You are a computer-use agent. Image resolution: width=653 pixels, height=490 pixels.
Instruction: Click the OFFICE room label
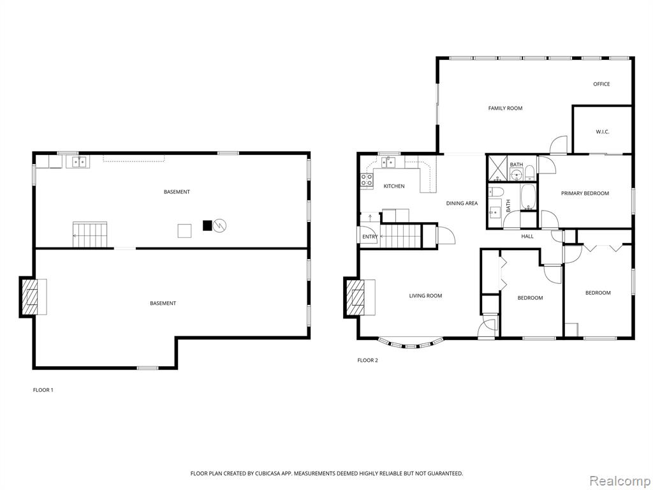pos(601,84)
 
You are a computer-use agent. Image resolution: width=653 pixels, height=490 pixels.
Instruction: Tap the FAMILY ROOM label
pos(505,108)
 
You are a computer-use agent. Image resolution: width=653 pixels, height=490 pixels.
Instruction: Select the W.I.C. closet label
pos(602,132)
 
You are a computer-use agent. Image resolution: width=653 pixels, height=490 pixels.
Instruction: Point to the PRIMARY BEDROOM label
pos(585,193)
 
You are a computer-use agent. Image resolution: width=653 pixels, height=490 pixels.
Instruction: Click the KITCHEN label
pos(394,186)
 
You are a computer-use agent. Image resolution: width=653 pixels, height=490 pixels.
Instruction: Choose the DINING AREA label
pos(462,204)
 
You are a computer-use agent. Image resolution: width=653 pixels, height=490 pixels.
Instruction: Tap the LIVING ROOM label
pos(425,296)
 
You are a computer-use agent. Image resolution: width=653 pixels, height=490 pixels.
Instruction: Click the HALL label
pos(527,236)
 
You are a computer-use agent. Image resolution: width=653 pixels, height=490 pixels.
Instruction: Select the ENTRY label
pos(370,237)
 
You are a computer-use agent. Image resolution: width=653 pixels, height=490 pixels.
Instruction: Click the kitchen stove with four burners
pos(367,180)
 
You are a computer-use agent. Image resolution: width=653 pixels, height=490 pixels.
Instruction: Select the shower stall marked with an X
pos(497,168)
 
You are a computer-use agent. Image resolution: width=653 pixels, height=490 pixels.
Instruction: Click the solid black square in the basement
pos(207,225)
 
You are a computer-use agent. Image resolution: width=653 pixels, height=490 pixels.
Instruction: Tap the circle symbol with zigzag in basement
pos(219,226)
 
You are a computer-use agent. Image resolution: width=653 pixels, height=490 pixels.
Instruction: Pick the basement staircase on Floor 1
pos(90,235)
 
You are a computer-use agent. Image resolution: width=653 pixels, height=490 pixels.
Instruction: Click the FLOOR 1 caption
pos(43,390)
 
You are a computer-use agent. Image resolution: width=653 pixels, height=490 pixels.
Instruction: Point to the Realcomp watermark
pos(620,481)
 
